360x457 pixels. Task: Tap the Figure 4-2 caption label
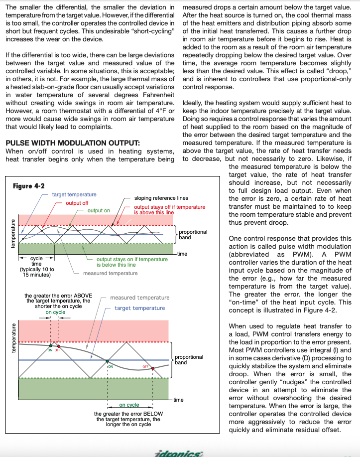pos(28,186)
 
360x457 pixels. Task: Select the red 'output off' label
pos(77,203)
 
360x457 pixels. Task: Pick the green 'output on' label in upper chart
pos(99,211)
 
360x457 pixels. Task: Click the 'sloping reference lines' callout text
pos(161,198)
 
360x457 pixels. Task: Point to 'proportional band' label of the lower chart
pos(190,359)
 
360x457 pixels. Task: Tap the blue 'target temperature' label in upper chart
pos(74,195)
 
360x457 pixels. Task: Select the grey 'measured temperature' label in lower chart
pos(139,298)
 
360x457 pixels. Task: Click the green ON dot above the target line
pos(50,345)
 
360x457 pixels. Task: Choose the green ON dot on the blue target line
pos(108,360)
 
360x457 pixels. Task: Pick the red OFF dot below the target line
pos(153,368)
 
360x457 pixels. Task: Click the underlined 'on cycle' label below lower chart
pos(129,405)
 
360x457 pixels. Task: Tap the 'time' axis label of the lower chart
pos(178,400)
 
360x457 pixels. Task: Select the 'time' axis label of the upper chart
pos(182,254)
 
